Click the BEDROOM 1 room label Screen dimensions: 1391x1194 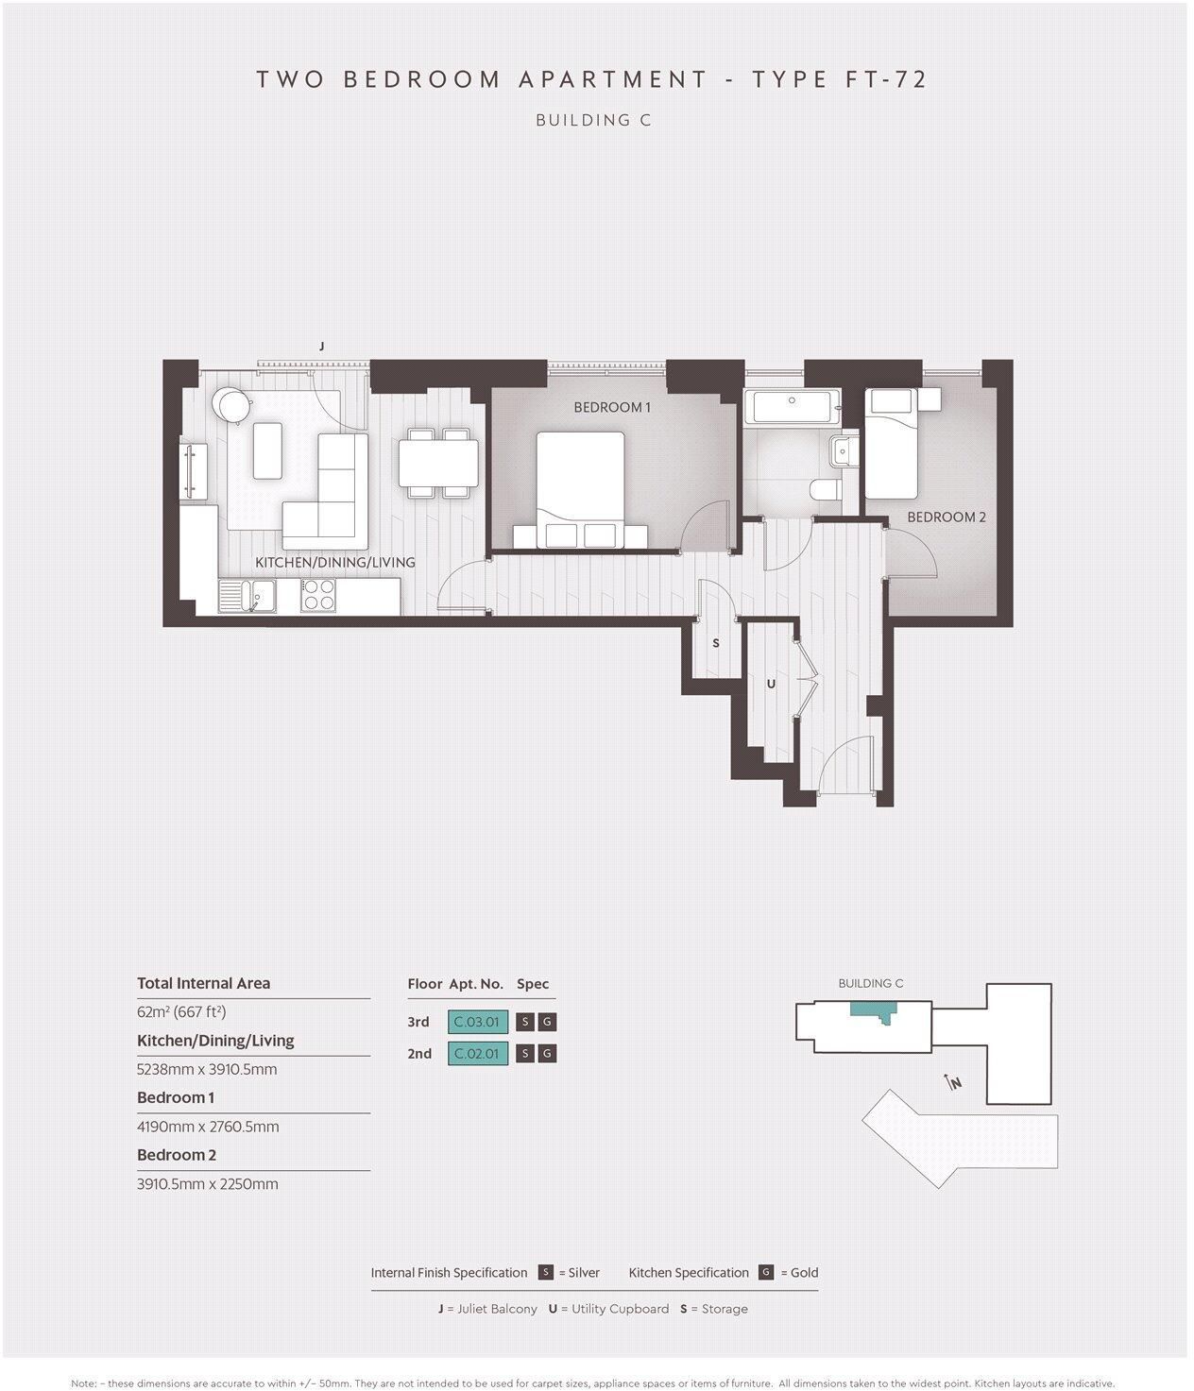tap(612, 407)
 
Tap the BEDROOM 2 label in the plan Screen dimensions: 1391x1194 tap(946, 517)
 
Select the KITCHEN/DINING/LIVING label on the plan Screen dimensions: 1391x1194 tap(334, 562)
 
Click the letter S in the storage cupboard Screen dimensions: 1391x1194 tap(716, 643)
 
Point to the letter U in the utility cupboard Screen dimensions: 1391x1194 tap(771, 684)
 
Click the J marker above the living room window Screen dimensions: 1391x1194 tap(322, 348)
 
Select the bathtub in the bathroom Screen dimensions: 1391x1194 tap(792, 407)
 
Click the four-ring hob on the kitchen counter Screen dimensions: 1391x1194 tap(318, 595)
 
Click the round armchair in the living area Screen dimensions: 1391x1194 tap(230, 404)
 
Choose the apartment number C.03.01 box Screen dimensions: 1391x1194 tap(478, 1022)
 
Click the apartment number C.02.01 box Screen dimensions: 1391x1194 tap(478, 1053)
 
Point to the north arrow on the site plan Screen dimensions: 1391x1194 tap(952, 1082)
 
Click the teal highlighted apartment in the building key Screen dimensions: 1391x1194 tap(870, 1010)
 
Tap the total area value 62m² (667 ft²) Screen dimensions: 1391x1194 tap(181, 1012)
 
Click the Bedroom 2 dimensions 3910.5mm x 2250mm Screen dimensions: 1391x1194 tap(208, 1184)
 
